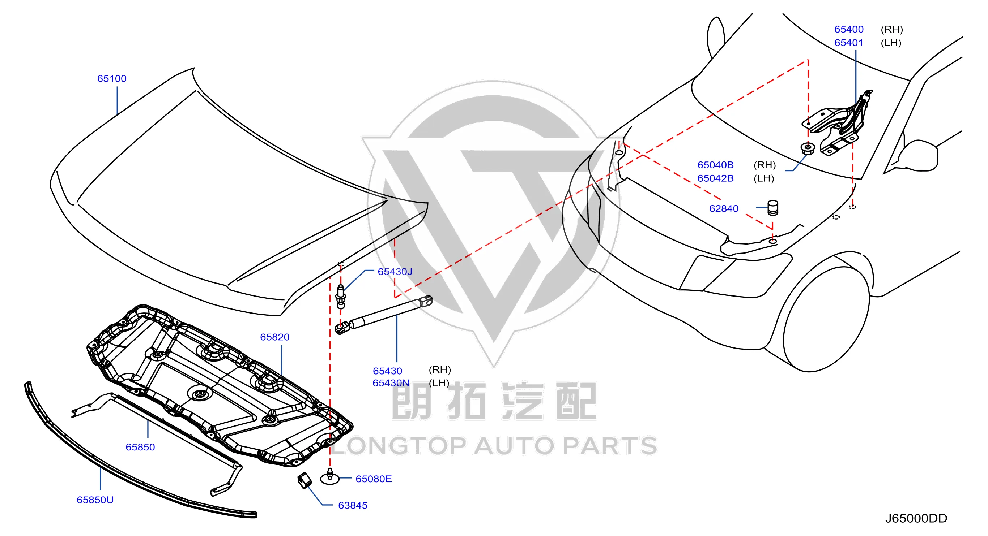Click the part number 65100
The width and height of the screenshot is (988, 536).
[x=112, y=78]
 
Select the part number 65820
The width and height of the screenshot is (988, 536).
[x=274, y=337]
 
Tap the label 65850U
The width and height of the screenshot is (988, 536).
[x=95, y=500]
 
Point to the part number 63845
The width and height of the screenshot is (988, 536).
[x=353, y=506]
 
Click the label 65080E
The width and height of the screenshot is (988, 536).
[x=374, y=479]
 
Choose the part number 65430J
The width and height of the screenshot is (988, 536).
[x=395, y=272]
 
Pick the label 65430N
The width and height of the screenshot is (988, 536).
[x=391, y=383]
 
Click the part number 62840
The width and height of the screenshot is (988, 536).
[x=724, y=209]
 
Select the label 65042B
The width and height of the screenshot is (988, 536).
[x=715, y=178]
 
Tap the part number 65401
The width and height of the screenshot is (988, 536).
[x=849, y=43]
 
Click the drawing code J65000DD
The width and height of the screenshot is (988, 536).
[x=916, y=519]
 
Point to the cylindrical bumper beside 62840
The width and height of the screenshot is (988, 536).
[x=773, y=208]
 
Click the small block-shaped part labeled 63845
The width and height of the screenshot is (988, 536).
[x=305, y=481]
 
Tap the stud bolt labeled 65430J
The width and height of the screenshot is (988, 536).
[x=341, y=297]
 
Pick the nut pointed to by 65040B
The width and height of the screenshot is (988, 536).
[x=808, y=148]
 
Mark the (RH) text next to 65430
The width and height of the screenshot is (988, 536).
[x=439, y=370]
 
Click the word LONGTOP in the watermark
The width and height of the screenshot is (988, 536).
[x=398, y=446]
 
